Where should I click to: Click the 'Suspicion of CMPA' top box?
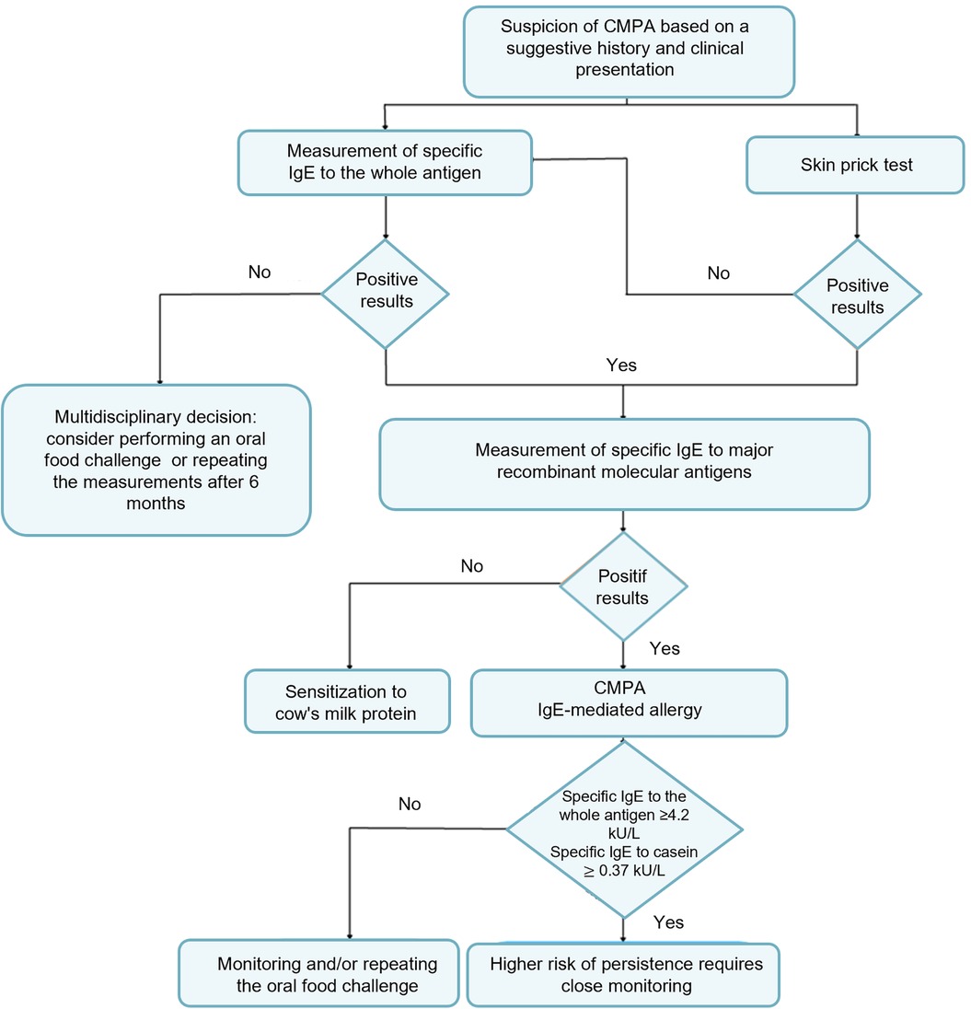click(x=629, y=52)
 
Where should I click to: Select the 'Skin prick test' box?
click(x=855, y=165)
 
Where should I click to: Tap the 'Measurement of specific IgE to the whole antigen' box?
click(x=385, y=163)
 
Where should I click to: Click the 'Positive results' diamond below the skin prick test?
click(x=857, y=295)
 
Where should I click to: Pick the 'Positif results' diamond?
click(x=623, y=586)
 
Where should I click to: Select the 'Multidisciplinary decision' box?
click(x=156, y=460)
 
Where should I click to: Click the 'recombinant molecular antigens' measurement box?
click(x=624, y=465)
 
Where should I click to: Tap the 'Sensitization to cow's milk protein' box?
click(x=347, y=702)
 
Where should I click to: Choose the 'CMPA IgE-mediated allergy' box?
click(x=629, y=702)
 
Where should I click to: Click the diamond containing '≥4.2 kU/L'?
click(x=624, y=829)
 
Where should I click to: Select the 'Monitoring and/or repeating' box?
click(x=318, y=974)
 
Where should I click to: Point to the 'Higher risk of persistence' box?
click(x=623, y=975)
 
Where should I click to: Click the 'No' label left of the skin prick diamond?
click(x=718, y=273)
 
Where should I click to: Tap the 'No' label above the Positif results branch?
click(x=471, y=566)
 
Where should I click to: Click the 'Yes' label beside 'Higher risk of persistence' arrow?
click(x=668, y=922)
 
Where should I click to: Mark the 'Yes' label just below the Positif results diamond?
click(x=665, y=648)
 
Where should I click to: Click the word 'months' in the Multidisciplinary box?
click(x=156, y=504)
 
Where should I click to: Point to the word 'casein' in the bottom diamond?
click(x=676, y=852)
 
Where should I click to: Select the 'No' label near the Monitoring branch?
click(x=410, y=804)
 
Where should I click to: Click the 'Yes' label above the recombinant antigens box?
click(x=621, y=365)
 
